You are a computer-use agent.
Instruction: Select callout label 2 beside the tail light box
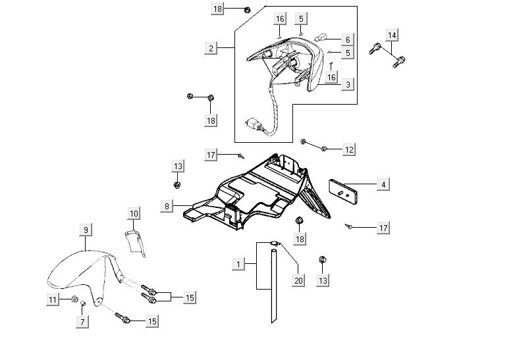(211, 48)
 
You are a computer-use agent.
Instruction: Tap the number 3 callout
(347, 84)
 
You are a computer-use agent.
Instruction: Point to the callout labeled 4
(383, 185)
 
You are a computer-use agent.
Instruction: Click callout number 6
(347, 39)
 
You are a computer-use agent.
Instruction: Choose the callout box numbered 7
(83, 322)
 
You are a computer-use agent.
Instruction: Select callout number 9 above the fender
(86, 230)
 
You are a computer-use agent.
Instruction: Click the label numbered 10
(134, 213)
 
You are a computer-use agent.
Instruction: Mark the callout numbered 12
(349, 150)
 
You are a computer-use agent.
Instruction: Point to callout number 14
(392, 34)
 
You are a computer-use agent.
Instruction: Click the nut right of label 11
(75, 300)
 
